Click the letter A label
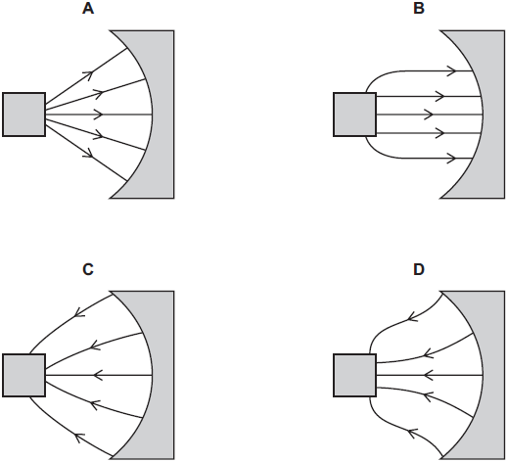89,9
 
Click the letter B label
420,9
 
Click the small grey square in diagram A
23,115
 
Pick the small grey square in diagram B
355,115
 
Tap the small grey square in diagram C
23,374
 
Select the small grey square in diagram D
355,374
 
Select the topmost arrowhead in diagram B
450,70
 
